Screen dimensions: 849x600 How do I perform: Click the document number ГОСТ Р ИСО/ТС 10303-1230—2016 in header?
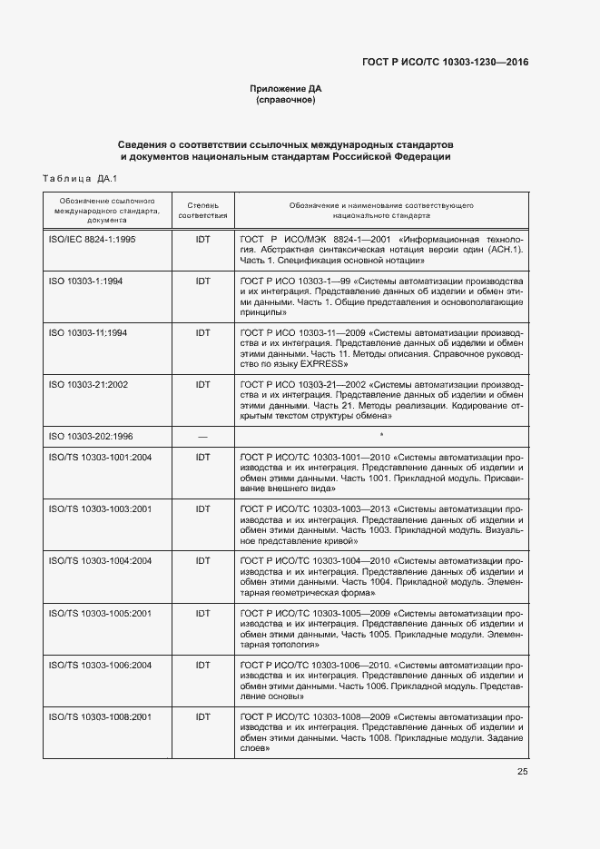click(445, 62)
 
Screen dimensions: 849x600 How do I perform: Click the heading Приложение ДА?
click(286, 89)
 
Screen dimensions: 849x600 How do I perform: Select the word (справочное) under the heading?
click(286, 100)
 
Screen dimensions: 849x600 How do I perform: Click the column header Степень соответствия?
click(202, 212)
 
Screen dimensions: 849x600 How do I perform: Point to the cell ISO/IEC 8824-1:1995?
click(92, 238)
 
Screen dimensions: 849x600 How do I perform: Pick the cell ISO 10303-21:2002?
click(88, 385)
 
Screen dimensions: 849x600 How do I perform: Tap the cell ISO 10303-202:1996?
click(91, 436)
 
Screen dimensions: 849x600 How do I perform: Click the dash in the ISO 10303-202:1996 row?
click(202, 436)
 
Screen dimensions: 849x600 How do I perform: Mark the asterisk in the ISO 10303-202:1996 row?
click(381, 436)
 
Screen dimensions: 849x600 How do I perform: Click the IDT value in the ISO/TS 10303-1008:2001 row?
click(202, 716)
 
